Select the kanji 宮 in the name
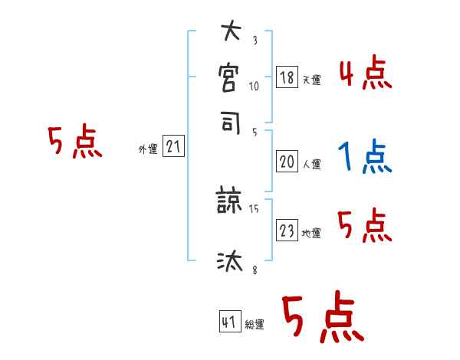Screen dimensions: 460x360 coord(230,77)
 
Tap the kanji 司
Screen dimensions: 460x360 coord(230,122)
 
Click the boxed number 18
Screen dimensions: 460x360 coord(286,78)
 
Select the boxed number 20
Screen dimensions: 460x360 coord(286,162)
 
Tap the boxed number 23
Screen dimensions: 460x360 coord(286,231)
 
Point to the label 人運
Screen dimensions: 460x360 coord(311,164)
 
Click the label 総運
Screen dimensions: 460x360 coord(255,324)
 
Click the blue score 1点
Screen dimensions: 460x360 coord(364,158)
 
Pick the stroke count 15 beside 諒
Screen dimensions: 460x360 coord(255,208)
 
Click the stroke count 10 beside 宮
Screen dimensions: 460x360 coord(254,87)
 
